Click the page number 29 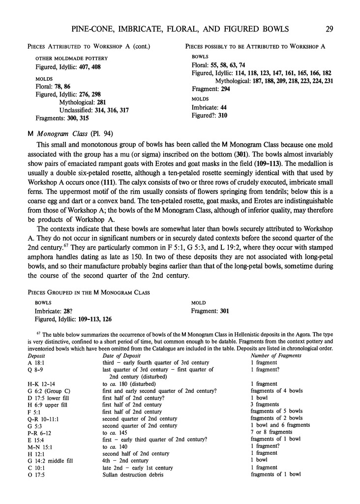click(x=329, y=29)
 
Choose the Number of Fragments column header click(x=278, y=355)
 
